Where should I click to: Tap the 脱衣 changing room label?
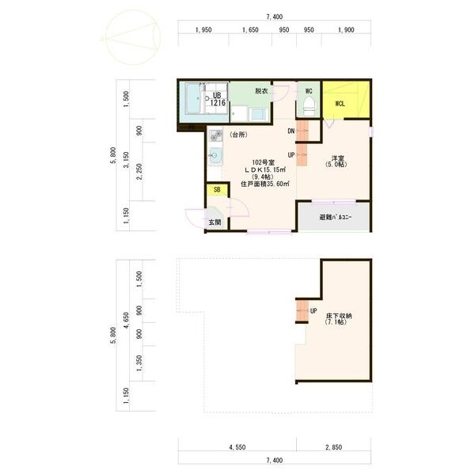click(261, 90)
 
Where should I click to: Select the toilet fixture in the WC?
click(310, 107)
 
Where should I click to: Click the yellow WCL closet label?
click(340, 104)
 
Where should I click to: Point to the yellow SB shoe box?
click(217, 190)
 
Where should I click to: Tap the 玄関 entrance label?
click(215, 222)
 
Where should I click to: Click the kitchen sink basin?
click(215, 156)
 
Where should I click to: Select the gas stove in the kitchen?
click(215, 135)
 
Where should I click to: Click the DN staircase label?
click(291, 131)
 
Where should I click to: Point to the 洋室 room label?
click(338, 158)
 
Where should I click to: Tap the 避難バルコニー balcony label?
click(336, 217)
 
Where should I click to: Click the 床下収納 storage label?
click(339, 316)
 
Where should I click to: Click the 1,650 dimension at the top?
click(250, 30)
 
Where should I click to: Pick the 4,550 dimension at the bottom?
click(237, 447)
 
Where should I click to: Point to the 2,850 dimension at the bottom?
click(334, 447)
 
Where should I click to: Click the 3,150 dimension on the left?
click(127, 160)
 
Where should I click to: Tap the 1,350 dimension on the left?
click(139, 363)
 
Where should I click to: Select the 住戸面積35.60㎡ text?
click(265, 184)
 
